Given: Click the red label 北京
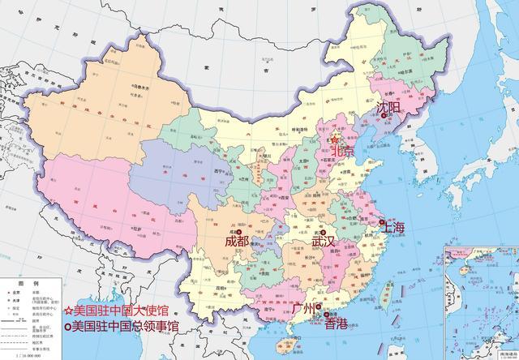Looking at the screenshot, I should [x=343, y=152].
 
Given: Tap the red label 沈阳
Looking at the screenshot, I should [x=389, y=108].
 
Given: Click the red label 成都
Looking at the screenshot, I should [x=237, y=241].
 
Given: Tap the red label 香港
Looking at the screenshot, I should [x=335, y=324].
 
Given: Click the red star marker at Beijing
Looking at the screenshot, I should [x=337, y=139].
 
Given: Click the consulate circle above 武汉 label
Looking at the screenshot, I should [x=323, y=230].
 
